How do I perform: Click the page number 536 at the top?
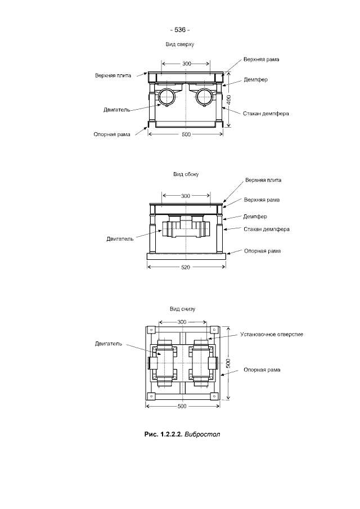(180, 30)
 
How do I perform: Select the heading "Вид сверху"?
(180, 44)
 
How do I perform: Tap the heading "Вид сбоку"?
(186, 174)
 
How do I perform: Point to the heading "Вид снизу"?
(182, 309)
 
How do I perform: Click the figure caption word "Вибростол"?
(202, 434)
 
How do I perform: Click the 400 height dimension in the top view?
(229, 100)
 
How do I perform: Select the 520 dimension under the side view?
(186, 268)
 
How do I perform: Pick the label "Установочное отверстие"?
(272, 334)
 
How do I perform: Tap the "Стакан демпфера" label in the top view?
(266, 114)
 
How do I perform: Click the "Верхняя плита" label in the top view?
(113, 75)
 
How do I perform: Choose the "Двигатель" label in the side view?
(120, 239)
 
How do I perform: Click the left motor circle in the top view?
(167, 96)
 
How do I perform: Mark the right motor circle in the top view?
(204, 96)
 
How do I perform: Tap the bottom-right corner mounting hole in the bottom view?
(214, 397)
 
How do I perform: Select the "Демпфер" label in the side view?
(255, 217)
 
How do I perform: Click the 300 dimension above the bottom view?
(182, 322)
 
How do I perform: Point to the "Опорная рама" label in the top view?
(112, 134)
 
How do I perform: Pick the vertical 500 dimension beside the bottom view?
(228, 363)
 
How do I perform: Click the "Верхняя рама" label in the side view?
(262, 200)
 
